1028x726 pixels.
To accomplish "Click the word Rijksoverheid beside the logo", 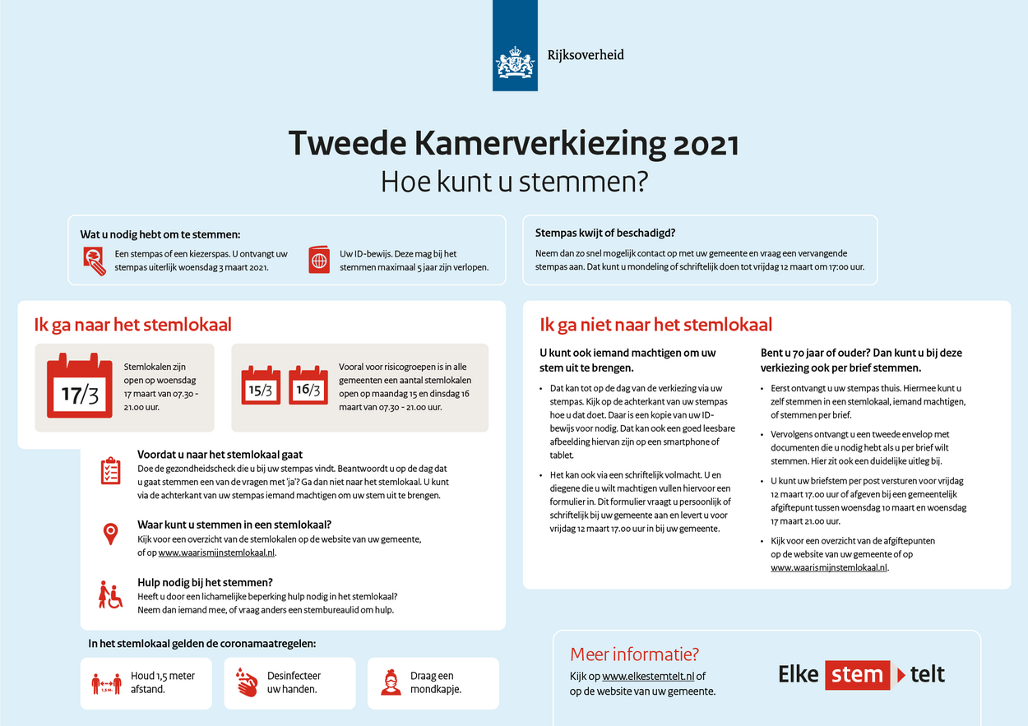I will tap(586, 55).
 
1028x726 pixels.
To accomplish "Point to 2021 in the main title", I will tap(706, 144).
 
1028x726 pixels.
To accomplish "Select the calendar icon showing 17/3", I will tap(79, 386).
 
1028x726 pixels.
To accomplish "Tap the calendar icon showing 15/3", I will tap(261, 386).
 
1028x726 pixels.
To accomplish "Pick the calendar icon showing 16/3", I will tap(308, 386).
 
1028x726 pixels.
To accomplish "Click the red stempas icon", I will tap(95, 260).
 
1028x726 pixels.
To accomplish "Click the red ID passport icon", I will tap(319, 260).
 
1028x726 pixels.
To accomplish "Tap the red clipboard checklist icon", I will tap(110, 471).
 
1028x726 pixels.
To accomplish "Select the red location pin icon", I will tap(110, 534).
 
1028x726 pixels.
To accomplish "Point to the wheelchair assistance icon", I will tap(110, 594).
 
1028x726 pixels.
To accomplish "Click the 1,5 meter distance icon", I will tap(106, 682).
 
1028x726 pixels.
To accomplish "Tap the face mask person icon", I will tap(391, 682).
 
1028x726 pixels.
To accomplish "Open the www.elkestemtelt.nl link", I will tap(648, 677).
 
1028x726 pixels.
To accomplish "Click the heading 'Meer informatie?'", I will tap(634, 654).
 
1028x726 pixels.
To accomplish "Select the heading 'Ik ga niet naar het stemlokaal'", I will tap(655, 325).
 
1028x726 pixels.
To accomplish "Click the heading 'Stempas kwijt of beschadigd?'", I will tap(605, 234).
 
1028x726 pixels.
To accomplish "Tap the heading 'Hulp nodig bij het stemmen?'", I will tap(205, 582).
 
